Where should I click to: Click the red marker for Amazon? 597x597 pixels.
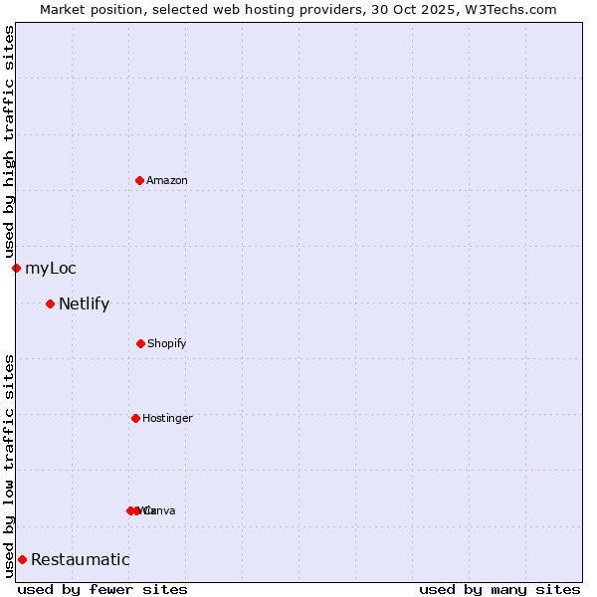click(x=139, y=180)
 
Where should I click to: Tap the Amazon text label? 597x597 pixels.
click(x=167, y=181)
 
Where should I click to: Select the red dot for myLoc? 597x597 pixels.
click(x=16, y=268)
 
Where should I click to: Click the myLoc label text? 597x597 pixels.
click(x=51, y=269)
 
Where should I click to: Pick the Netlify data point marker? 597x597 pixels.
click(x=50, y=303)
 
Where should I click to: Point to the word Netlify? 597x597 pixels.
click(x=85, y=304)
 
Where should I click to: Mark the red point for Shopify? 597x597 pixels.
click(x=140, y=343)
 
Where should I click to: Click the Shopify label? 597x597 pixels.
click(x=167, y=344)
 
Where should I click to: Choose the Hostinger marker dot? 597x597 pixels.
click(x=135, y=418)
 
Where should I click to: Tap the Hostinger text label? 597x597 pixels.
click(x=167, y=419)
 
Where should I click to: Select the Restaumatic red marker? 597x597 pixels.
click(x=22, y=559)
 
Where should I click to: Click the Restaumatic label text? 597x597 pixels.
click(x=81, y=560)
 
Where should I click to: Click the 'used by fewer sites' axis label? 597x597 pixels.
click(x=102, y=589)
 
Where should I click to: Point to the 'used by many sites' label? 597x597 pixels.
click(x=499, y=589)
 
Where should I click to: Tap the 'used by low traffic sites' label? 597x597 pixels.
click(x=9, y=466)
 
